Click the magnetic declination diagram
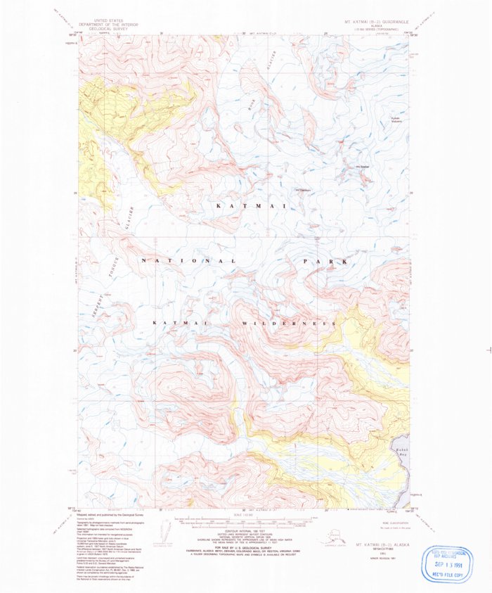click(167, 531)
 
